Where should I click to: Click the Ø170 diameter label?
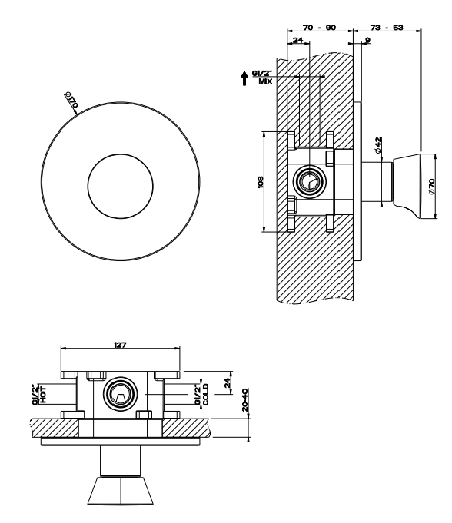(71, 100)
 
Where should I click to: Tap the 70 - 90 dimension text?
(319, 28)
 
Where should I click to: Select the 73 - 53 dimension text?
(387, 28)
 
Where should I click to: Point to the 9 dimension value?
(367, 41)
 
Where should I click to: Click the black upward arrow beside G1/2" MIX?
(244, 78)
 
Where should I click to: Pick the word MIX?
(265, 81)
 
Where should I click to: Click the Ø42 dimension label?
(378, 145)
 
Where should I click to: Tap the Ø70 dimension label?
(432, 187)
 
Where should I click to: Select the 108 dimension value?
(261, 182)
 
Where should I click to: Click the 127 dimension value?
(120, 345)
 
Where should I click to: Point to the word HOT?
(43, 394)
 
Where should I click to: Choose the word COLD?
(206, 394)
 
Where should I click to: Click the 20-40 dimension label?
(245, 399)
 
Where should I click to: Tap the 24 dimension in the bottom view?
(228, 382)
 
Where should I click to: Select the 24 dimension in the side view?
(297, 41)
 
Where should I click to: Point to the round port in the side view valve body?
(310, 181)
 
